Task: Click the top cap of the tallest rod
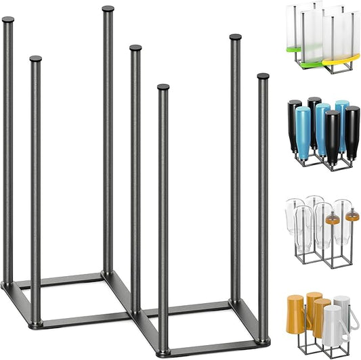click(x=108, y=9)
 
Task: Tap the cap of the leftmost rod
click(x=7, y=20)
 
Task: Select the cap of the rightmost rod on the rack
click(x=263, y=76)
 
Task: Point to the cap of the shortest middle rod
click(x=163, y=87)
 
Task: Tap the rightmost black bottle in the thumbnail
click(x=352, y=128)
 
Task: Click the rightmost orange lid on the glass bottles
click(x=352, y=217)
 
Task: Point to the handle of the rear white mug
click(x=354, y=318)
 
